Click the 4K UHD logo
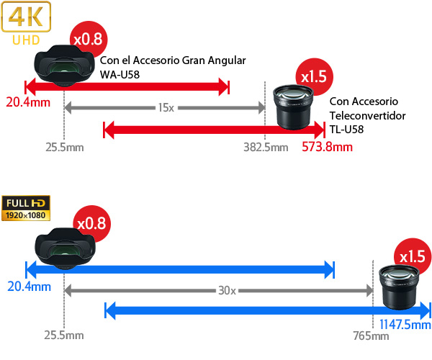coord(26,23)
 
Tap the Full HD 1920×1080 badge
coord(26,208)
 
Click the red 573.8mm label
coord(327,147)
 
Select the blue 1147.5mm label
coord(405,325)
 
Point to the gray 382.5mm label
coord(266,148)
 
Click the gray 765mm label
coord(371,336)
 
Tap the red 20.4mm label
coord(28,102)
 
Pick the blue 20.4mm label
coord(30,287)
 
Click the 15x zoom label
coord(166,108)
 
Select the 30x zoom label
coord(227,291)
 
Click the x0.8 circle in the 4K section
coord(89,39)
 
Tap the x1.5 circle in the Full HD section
coord(412,257)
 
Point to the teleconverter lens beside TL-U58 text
coord(293,107)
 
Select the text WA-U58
coord(120,75)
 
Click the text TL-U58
coord(346,130)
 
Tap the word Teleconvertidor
coord(367,116)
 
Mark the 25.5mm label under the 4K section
coord(65,148)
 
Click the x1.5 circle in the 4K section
coord(314,77)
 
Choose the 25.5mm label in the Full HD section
coord(64,336)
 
